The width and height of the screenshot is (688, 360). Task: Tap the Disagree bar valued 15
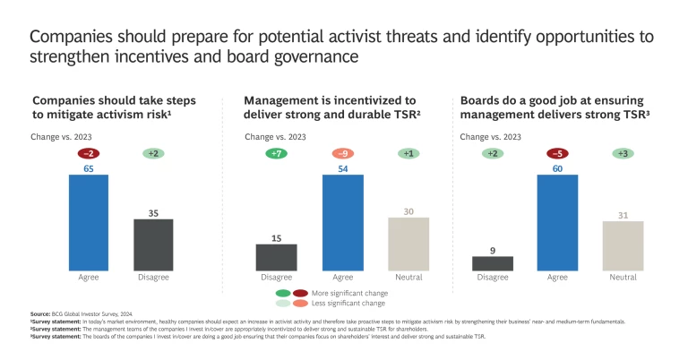point(276,257)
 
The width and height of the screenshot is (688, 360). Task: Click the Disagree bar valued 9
point(493,263)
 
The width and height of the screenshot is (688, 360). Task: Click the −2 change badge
point(90,153)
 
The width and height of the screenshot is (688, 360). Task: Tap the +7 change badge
point(276,153)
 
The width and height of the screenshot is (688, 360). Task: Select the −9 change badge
point(342,153)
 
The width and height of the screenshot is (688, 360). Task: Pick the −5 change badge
point(557,153)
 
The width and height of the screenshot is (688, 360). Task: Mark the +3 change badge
point(623,153)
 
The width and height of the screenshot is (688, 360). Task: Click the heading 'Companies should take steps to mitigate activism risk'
point(115,108)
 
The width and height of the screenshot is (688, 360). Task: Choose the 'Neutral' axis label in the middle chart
point(408,278)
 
